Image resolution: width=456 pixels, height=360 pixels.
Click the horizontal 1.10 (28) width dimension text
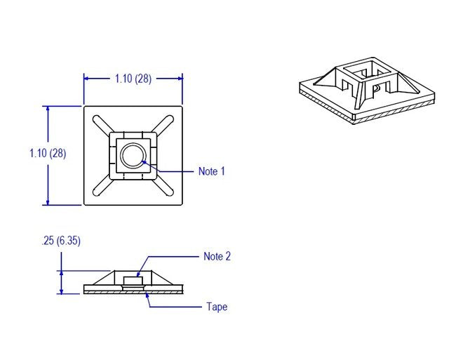133,79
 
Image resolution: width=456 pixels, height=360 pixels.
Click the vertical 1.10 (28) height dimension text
48,153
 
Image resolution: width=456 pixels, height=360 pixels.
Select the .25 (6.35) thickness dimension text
61,241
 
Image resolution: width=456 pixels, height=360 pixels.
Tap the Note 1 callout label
212,171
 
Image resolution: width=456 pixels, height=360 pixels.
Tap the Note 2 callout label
217,256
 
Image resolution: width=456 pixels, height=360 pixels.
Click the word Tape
217,307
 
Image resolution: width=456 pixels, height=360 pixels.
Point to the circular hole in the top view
132,154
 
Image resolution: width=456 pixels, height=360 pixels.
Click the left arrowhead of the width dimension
88,79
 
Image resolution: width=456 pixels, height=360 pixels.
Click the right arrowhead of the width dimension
180,79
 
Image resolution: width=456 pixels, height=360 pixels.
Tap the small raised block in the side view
133,281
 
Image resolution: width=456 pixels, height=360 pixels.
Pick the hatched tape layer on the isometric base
393,114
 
